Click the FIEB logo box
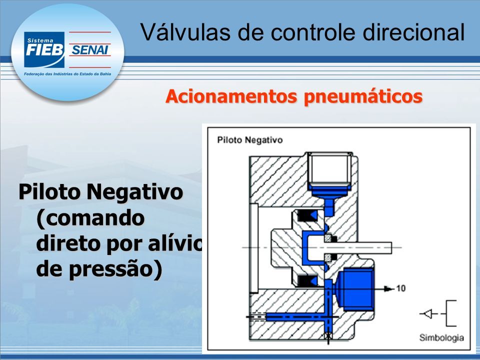point(44,49)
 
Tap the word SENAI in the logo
point(89,50)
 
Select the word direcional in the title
point(414,32)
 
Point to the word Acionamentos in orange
point(231,96)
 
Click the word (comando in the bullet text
point(90,218)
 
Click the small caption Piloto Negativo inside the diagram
point(250,140)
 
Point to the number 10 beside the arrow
point(400,288)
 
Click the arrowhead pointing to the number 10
point(389,288)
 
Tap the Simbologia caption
point(441,338)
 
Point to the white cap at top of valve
point(329,169)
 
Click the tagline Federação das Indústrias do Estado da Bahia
point(67,74)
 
